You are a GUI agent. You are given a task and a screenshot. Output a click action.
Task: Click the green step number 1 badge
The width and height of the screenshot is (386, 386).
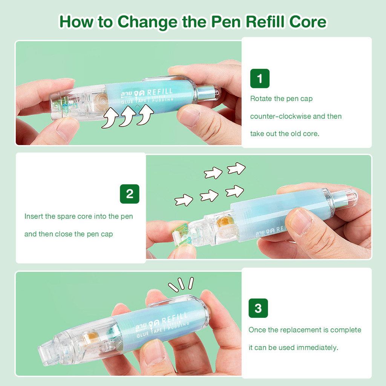click(260, 78)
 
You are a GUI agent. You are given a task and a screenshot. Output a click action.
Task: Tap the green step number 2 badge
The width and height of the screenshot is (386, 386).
click(130, 194)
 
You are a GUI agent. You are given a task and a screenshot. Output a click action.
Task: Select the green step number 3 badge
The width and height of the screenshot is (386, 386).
click(258, 308)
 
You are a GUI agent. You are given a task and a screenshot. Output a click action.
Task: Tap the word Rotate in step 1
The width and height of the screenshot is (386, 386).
click(261, 98)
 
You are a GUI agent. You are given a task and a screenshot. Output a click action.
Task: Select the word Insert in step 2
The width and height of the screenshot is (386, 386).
click(34, 216)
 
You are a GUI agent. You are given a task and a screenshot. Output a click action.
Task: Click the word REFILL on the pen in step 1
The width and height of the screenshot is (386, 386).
click(160, 92)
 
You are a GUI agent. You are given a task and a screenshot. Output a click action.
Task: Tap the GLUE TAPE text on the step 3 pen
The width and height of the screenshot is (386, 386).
click(150, 332)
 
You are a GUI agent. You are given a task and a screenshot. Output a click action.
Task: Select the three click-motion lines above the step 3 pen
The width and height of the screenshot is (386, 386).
click(181, 284)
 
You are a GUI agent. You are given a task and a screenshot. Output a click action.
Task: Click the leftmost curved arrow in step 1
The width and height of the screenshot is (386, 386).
click(110, 118)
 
